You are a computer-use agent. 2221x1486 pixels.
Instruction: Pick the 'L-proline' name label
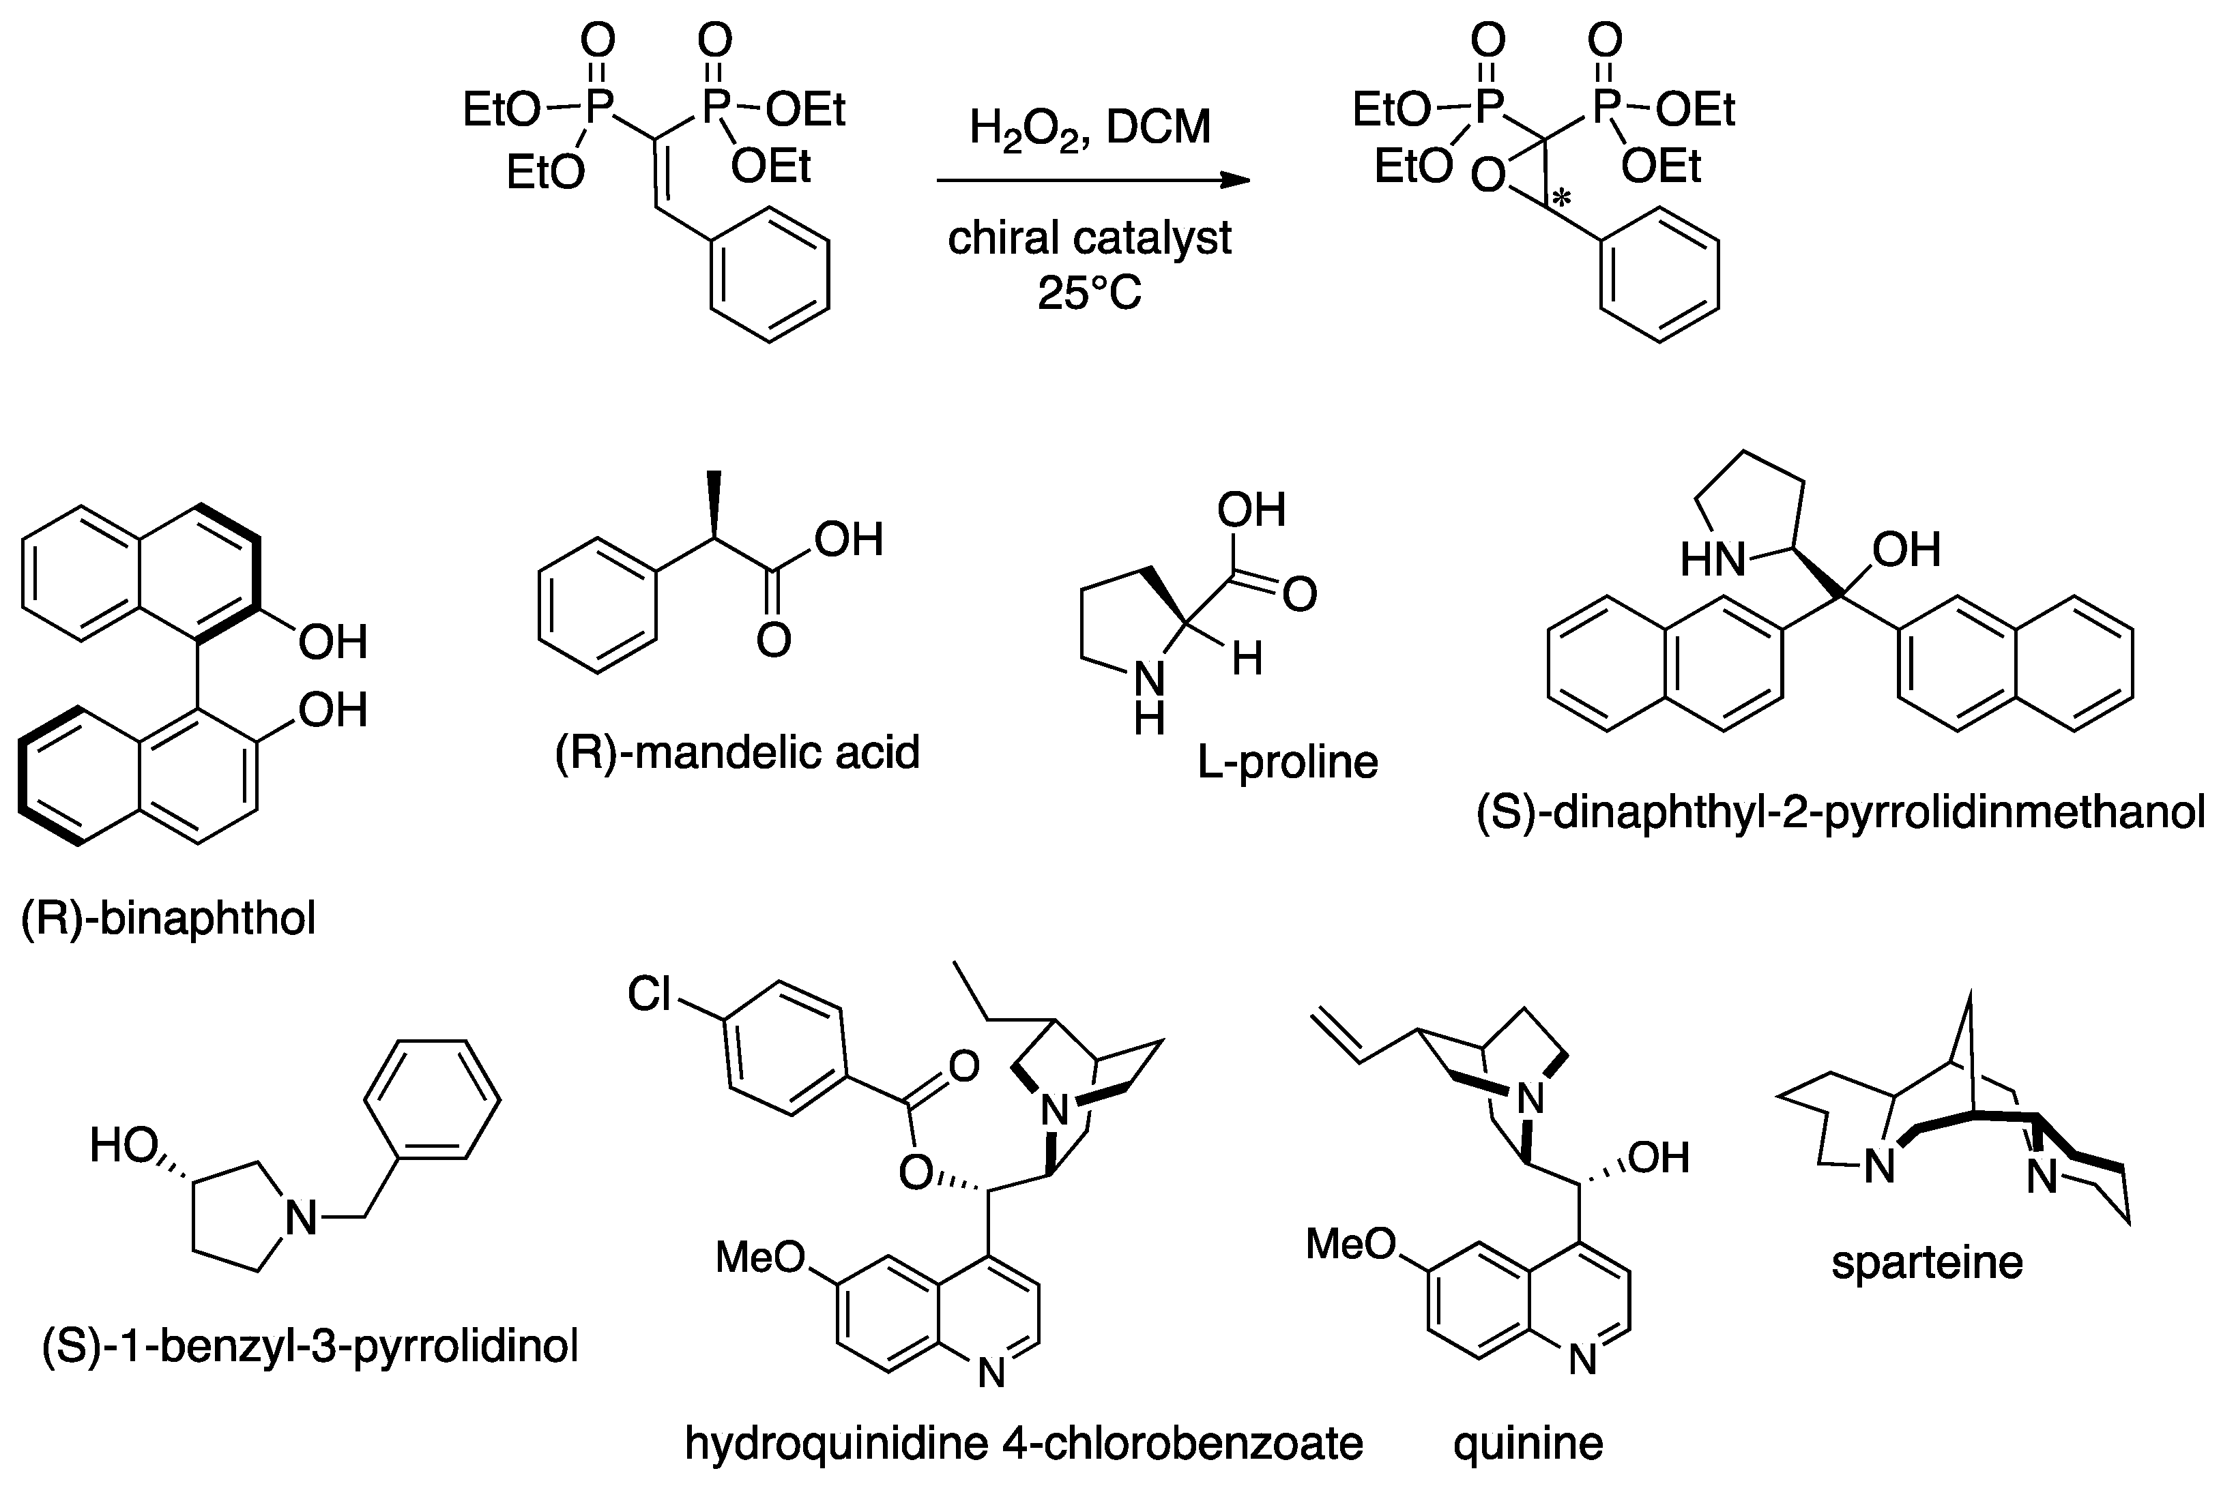(x=1288, y=762)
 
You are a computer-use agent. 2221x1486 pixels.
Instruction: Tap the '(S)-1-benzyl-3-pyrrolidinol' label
(x=310, y=1346)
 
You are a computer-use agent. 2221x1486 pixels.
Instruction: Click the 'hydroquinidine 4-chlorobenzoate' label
(x=1024, y=1443)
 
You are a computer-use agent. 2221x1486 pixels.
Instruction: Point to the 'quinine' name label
(x=1528, y=1443)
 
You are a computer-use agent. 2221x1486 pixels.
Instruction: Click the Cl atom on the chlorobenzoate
(x=650, y=994)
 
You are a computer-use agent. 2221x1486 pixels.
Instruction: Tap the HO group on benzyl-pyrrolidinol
(x=124, y=1146)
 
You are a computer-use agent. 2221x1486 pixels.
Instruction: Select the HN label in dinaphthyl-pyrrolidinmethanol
(x=1713, y=560)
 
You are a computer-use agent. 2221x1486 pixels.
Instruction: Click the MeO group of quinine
(x=1351, y=1243)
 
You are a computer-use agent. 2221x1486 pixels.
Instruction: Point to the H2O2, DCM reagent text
(x=1090, y=127)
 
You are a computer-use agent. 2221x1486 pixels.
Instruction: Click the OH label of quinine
(x=1659, y=1157)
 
